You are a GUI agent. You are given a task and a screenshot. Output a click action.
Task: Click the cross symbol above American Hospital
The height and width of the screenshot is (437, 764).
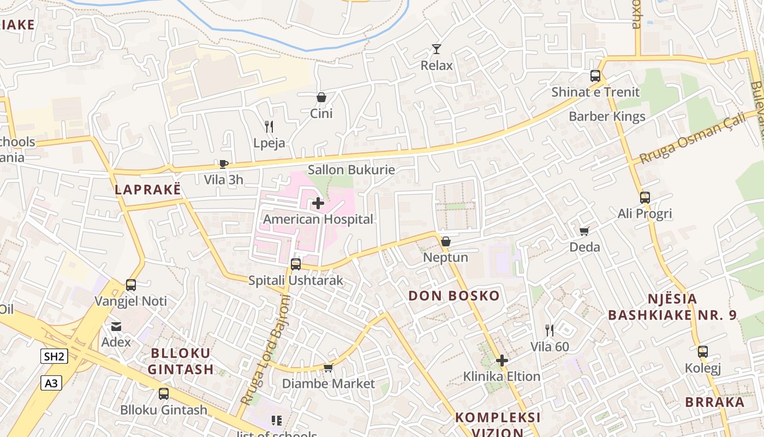[318, 204]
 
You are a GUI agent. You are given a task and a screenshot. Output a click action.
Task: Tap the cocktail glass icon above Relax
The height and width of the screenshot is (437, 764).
[436, 49]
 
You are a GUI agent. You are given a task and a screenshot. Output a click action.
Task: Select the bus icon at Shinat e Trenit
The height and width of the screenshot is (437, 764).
[595, 76]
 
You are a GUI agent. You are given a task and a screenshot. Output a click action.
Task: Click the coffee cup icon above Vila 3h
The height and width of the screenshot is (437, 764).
[223, 163]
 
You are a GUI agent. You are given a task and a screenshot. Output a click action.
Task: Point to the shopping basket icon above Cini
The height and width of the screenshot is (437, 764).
[321, 98]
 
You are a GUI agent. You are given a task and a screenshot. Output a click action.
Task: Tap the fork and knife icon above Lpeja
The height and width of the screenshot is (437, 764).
[268, 127]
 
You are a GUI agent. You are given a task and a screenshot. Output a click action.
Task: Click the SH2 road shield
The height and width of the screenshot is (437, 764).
[55, 357]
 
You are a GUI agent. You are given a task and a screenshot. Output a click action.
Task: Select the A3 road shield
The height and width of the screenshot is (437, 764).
[51, 383]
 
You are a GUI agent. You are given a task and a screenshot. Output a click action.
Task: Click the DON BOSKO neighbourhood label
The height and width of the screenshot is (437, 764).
[454, 296]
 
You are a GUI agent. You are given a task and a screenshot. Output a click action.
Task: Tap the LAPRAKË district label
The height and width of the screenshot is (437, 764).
[147, 190]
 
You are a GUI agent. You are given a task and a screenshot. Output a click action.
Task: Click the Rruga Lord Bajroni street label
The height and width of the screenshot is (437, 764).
[265, 350]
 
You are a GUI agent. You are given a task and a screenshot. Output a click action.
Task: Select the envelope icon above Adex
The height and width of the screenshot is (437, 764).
[116, 327]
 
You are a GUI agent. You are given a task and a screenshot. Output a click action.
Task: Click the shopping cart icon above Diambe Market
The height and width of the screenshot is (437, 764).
[328, 368]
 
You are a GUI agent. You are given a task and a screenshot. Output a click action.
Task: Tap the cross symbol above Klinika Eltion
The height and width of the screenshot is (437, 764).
[502, 361]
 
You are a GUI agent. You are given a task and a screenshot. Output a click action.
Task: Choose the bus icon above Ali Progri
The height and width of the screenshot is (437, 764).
[645, 198]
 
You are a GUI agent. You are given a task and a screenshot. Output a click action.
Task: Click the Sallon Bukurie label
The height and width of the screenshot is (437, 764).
[351, 170]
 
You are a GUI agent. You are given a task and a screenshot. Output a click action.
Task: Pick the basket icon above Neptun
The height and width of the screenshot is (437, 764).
[446, 241]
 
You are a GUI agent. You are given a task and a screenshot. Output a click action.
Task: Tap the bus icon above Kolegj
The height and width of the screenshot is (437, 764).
[703, 352]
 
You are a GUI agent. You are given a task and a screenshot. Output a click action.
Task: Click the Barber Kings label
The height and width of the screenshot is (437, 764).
[607, 116]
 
